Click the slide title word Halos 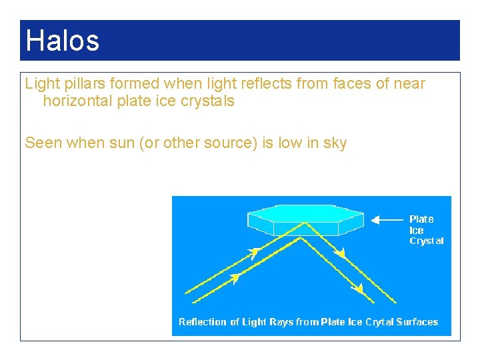62,41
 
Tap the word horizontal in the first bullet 77,101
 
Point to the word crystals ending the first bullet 207,101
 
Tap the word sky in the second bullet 334,143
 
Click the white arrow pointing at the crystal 386,219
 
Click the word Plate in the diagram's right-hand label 421,219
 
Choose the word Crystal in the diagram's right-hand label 426,241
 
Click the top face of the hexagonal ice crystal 305,215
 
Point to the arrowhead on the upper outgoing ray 341,253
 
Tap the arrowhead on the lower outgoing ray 359,289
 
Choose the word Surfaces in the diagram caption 417,322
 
